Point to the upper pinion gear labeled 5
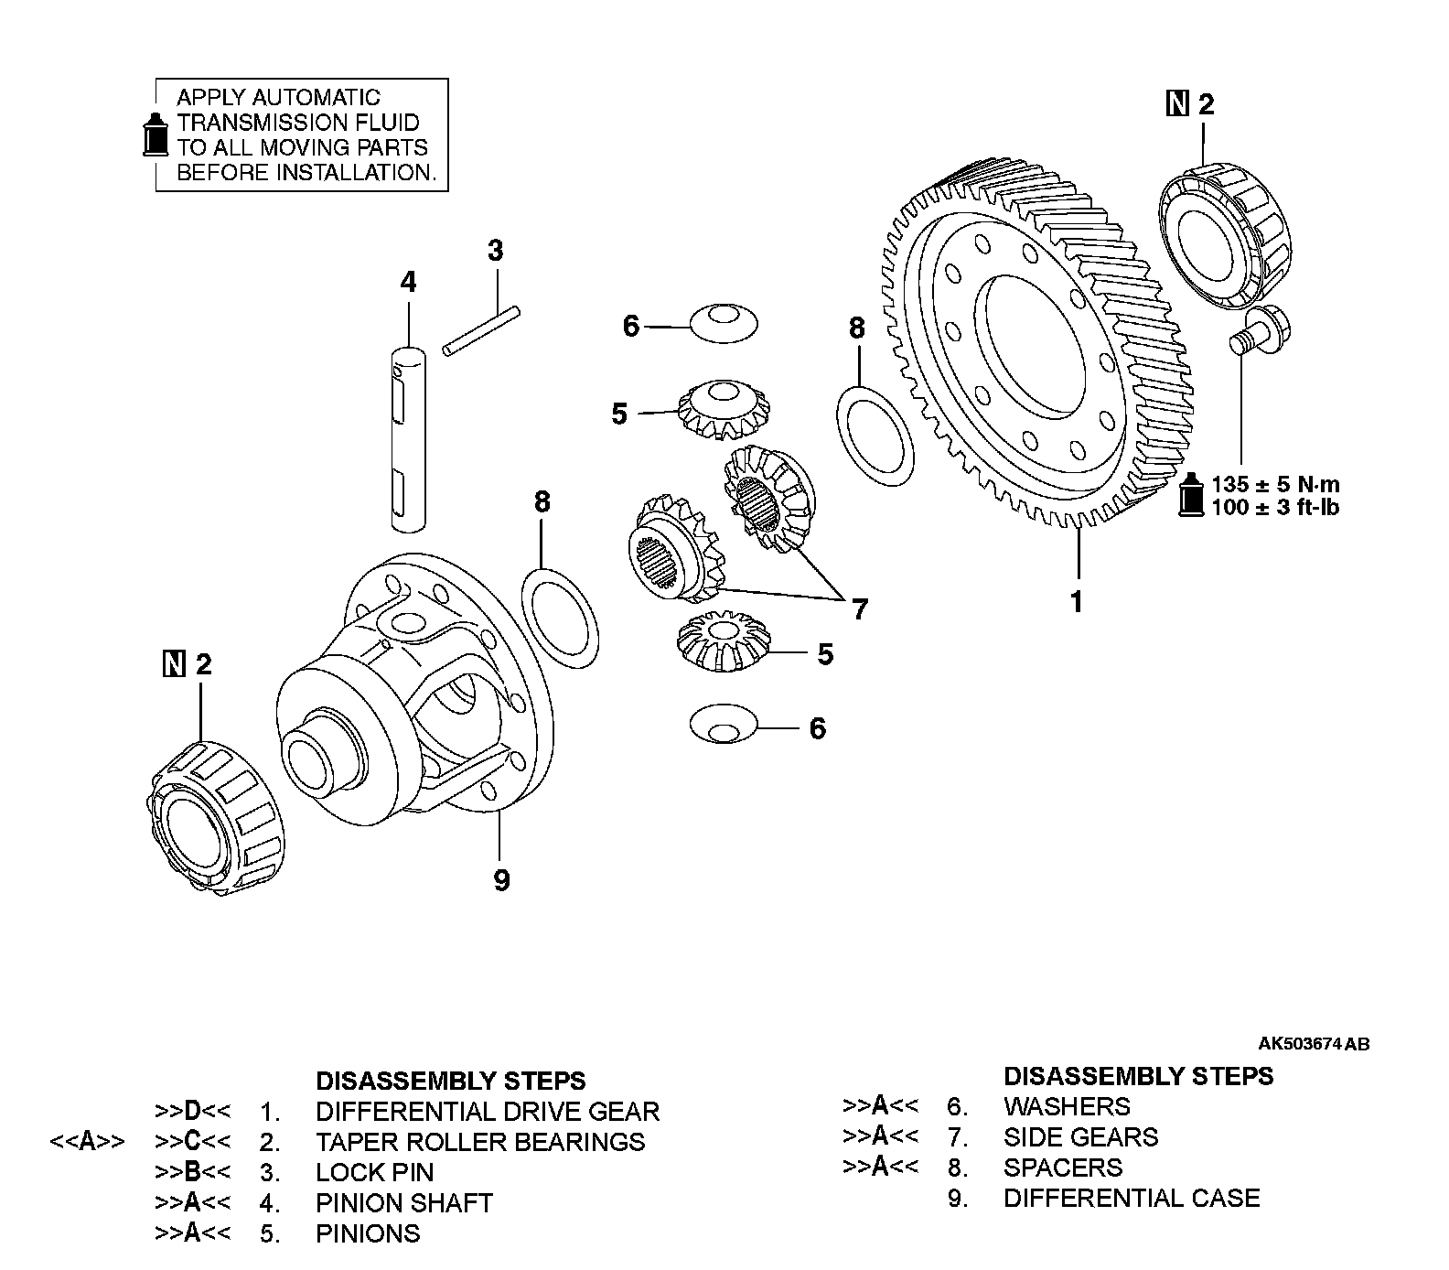[x=723, y=409]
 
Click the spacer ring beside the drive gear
[x=875, y=435]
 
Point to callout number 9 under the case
[x=501, y=880]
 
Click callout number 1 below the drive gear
[x=1077, y=602]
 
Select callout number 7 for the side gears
[x=859, y=608]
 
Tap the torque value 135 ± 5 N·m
[x=1275, y=483]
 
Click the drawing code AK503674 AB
[x=1314, y=1044]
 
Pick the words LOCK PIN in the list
[x=374, y=1172]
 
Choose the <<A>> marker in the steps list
[x=88, y=1142]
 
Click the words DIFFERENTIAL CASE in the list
[x=1131, y=1198]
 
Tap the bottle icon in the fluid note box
[x=156, y=135]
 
